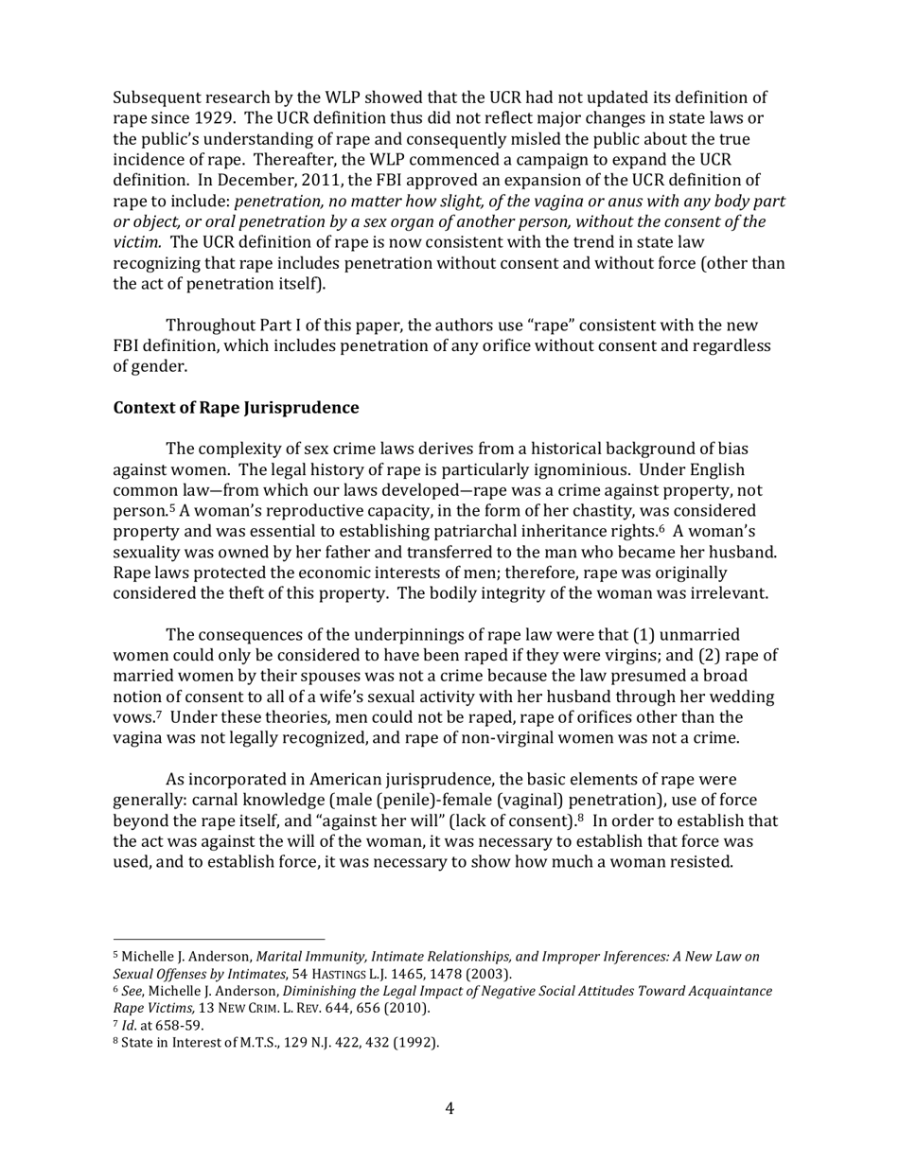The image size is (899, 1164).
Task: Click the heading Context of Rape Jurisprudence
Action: click(x=236, y=409)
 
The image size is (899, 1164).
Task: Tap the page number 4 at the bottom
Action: click(x=449, y=1108)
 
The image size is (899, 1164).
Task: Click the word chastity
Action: click(x=590, y=512)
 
